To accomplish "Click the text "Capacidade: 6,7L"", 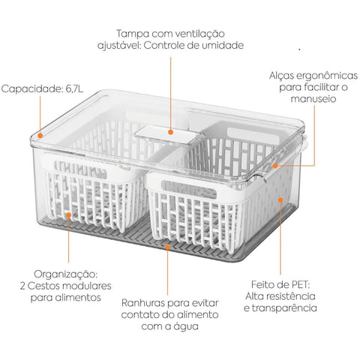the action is coord(42,88).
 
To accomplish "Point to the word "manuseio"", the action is coord(313,98).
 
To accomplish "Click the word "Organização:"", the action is coord(66,274).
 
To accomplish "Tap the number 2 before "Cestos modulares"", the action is coord(22,286).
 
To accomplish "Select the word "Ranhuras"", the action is coord(143,303).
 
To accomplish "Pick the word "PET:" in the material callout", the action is coord(301,284).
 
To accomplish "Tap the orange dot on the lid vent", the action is coord(171,132).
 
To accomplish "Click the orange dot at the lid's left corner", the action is coord(40,136).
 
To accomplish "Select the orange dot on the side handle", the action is coord(275,166).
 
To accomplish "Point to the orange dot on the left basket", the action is coord(68,214).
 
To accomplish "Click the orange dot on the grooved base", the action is coord(168,247).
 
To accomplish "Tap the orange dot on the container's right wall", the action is coord(280,199).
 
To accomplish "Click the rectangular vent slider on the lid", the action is coord(169,135).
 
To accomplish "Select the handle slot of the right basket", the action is coord(189,189).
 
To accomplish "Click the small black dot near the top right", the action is coord(299,49).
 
